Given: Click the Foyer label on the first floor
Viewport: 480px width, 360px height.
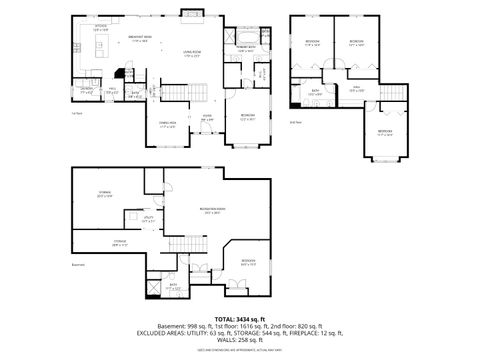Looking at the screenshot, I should [x=207, y=116].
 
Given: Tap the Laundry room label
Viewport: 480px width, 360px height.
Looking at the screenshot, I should [x=88, y=90].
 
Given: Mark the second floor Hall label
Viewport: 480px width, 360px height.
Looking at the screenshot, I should [x=355, y=89].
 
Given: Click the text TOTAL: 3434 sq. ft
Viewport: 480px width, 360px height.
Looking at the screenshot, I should [x=239, y=317].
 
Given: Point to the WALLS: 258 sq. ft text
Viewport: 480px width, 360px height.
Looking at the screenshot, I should [x=239, y=342].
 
